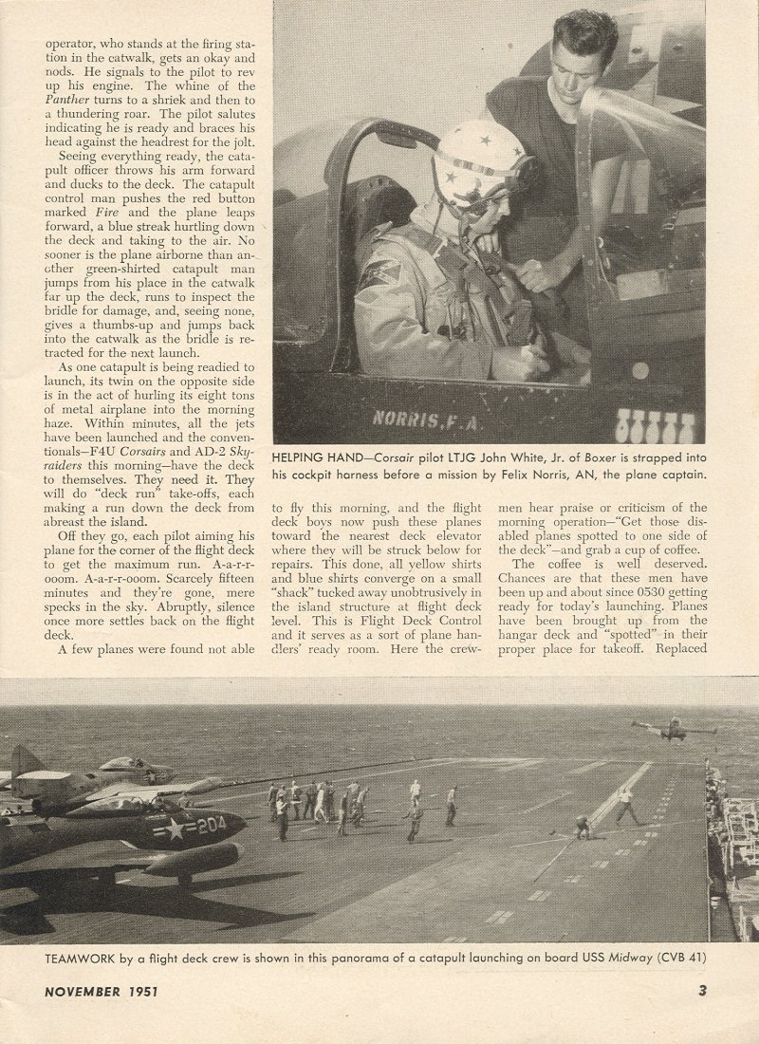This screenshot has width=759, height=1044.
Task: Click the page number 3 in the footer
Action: pos(702,992)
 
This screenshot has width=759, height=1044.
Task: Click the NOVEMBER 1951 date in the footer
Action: pos(102,992)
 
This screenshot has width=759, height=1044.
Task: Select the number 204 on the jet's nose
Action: pos(211,825)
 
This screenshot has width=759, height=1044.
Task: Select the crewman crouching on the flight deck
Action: pos(583,828)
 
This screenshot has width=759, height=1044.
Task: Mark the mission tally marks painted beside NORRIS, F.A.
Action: pos(656,424)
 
